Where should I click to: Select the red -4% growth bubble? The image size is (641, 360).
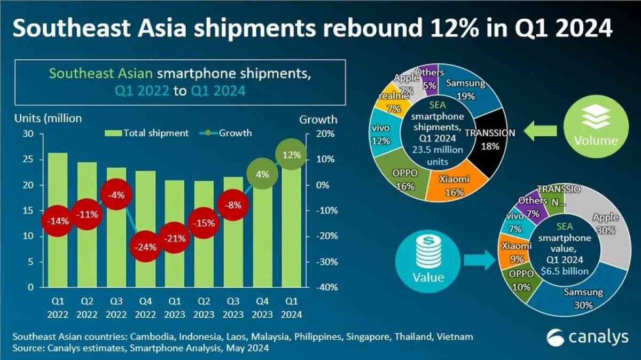(x=116, y=195)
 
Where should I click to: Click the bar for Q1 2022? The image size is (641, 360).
(x=58, y=219)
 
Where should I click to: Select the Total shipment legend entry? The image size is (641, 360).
(x=149, y=133)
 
